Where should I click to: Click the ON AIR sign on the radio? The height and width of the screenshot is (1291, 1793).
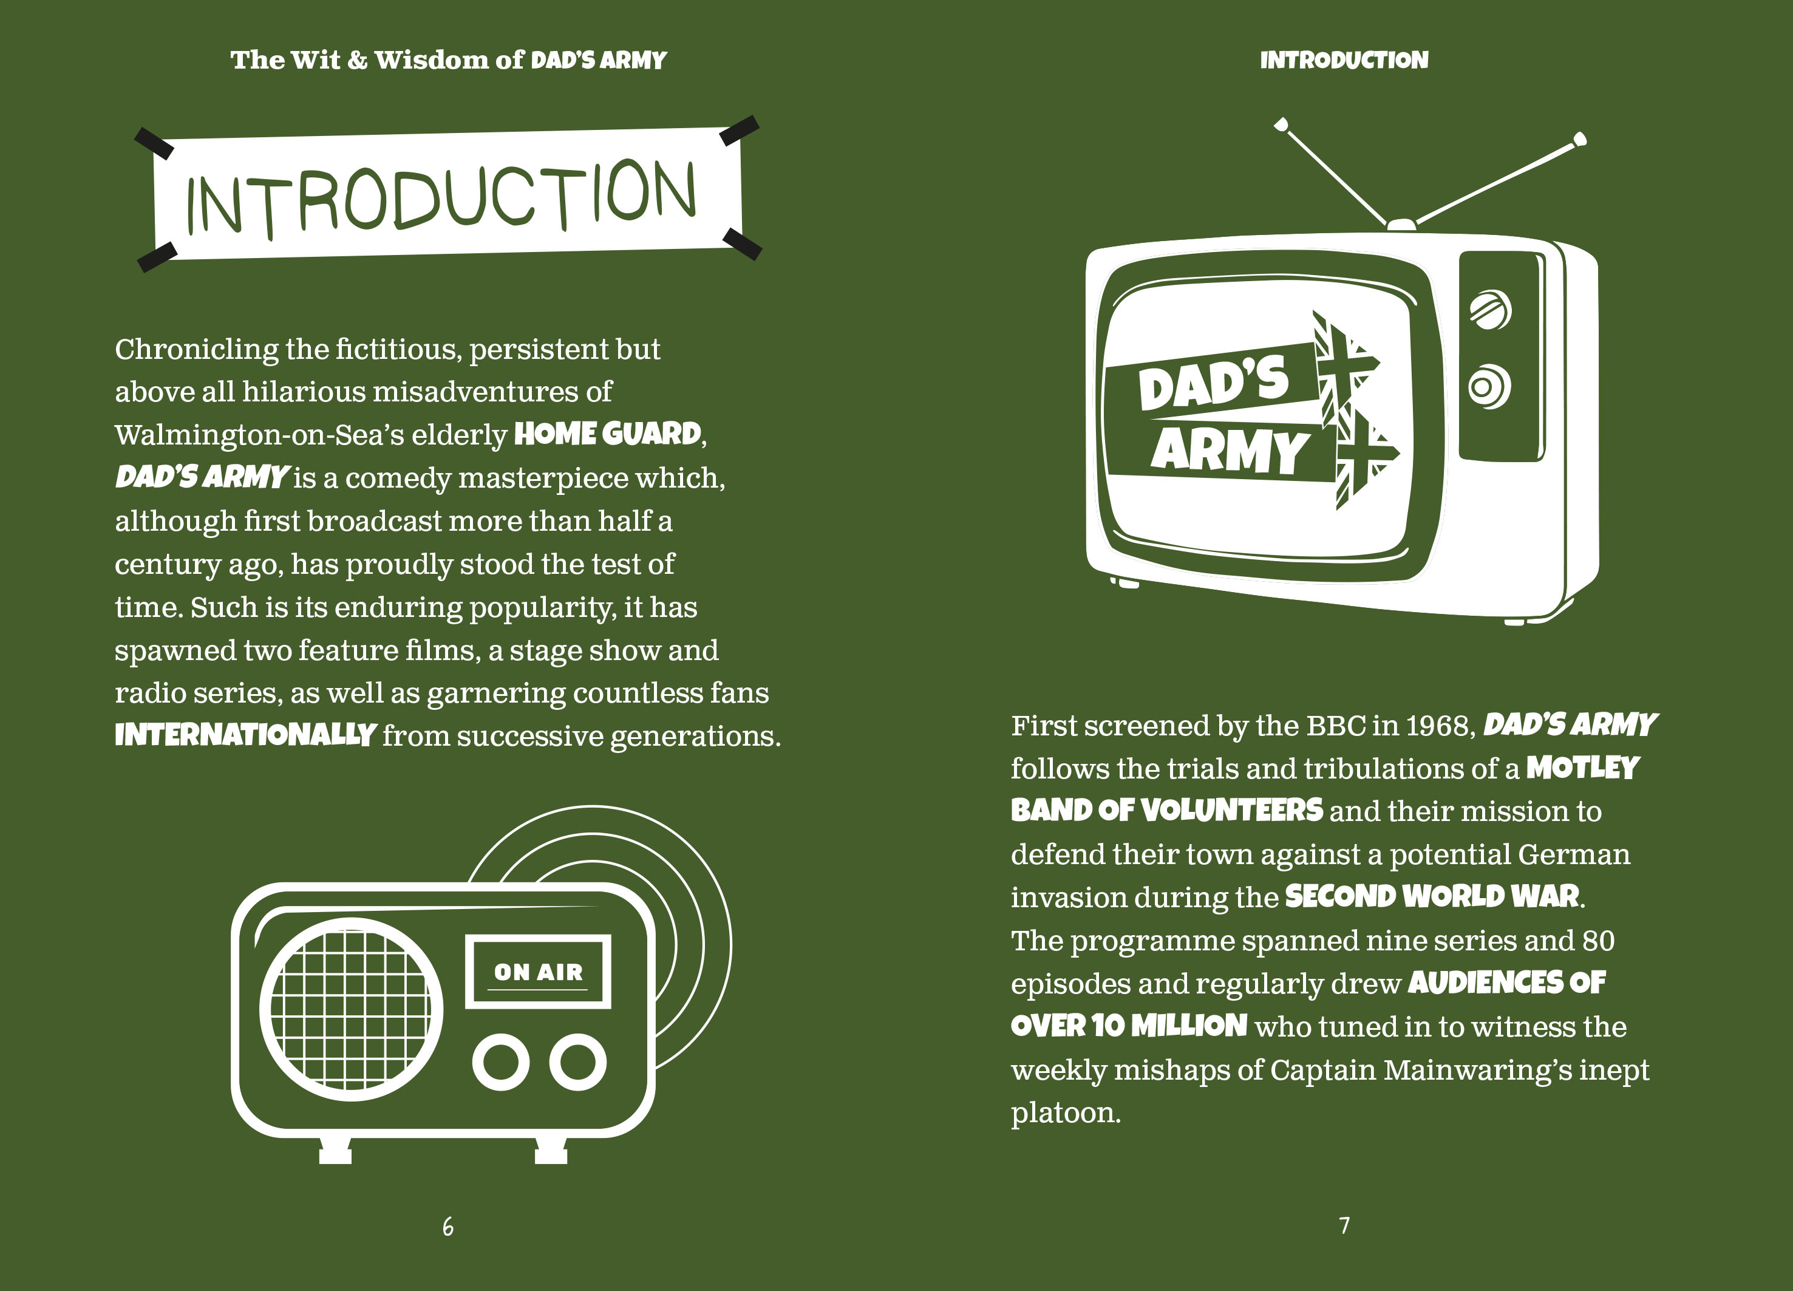click(x=537, y=972)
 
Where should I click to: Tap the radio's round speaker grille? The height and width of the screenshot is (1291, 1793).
click(x=351, y=1010)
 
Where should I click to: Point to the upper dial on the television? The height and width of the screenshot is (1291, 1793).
click(x=1490, y=309)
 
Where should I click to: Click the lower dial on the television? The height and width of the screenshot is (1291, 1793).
click(x=1489, y=387)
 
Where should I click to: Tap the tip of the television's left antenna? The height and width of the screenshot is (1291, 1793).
click(x=1281, y=124)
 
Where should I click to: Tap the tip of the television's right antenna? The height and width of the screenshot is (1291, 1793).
click(x=1579, y=140)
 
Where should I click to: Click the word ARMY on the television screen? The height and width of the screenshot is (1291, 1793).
click(x=1230, y=451)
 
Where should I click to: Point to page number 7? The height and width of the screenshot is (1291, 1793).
click(x=1344, y=1225)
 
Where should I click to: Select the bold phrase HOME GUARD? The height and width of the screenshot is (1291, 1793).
click(x=608, y=434)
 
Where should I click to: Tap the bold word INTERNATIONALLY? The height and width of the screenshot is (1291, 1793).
click(x=245, y=735)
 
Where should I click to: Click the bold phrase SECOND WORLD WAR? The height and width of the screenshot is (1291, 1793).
click(x=1432, y=896)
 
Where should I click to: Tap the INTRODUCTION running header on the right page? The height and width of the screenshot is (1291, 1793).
click(x=1344, y=60)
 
